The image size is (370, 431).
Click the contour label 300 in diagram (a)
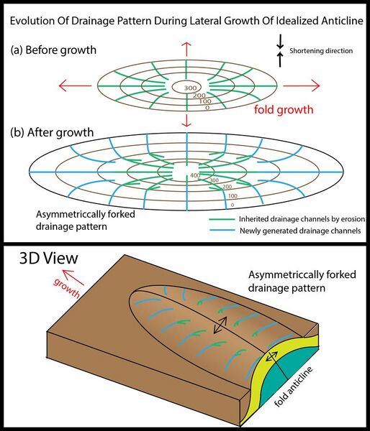(190, 88)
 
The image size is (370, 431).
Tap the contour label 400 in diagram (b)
(195, 175)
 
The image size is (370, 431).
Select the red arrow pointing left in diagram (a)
(75, 85)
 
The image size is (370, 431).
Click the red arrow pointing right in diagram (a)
(302, 85)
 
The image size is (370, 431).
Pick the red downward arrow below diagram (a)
(186, 120)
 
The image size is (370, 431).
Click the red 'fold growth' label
(284, 110)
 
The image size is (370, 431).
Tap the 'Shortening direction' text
(321, 51)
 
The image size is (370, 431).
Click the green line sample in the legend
(221, 219)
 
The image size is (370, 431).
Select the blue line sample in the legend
(222, 231)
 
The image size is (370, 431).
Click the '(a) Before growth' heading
(53, 50)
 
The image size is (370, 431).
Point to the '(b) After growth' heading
(52, 133)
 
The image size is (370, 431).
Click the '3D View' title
(49, 259)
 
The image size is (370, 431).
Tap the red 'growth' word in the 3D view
(67, 288)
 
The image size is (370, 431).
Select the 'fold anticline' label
(294, 386)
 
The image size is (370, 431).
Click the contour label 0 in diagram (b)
(233, 205)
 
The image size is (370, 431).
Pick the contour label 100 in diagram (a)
(205, 102)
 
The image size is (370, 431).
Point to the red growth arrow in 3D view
(73, 277)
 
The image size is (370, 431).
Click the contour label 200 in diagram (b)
(227, 187)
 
